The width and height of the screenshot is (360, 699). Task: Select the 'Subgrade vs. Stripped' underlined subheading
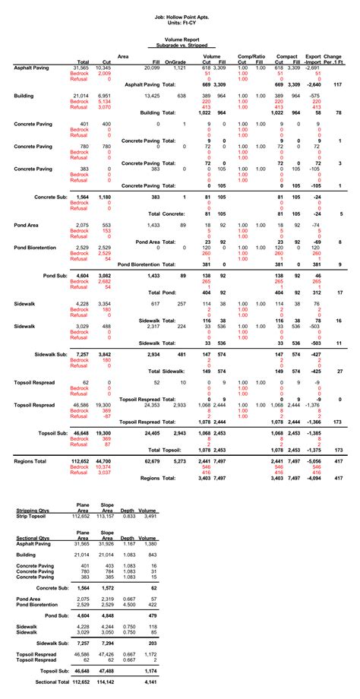point(180,46)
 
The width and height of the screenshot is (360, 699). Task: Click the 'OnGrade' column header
point(175,62)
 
